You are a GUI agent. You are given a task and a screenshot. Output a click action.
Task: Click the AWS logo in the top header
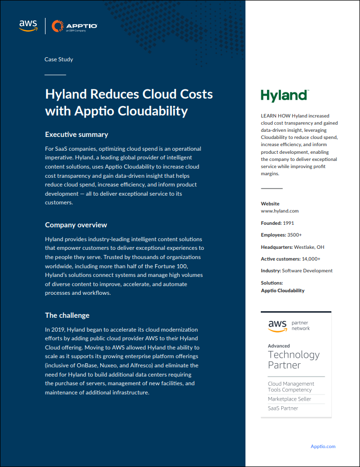[x=29, y=25]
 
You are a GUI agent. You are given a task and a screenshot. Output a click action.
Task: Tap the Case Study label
[x=59, y=59]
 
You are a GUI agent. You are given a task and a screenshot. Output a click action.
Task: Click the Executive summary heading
[x=77, y=135]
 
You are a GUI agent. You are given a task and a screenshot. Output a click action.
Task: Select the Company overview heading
[x=76, y=225]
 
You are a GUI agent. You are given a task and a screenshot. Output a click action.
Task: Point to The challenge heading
[x=67, y=315]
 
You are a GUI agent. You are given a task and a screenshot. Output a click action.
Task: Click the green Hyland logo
[x=284, y=96]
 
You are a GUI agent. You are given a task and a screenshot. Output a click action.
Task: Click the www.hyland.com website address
[x=280, y=211]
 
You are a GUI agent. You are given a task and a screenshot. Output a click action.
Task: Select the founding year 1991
[x=289, y=223]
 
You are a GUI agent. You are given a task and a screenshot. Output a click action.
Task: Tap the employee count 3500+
[x=295, y=235]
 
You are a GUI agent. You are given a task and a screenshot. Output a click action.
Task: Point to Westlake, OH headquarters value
[x=309, y=247]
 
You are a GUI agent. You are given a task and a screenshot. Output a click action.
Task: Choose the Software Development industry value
[x=307, y=271]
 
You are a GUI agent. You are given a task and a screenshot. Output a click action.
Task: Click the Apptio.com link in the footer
[x=323, y=446]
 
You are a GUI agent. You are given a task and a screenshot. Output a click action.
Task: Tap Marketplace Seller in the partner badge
[x=290, y=399]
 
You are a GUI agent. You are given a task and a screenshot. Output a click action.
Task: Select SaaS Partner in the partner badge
[x=283, y=408]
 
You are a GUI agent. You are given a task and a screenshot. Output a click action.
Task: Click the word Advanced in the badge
[x=279, y=346]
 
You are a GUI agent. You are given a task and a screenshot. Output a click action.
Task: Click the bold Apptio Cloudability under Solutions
[x=283, y=291]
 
